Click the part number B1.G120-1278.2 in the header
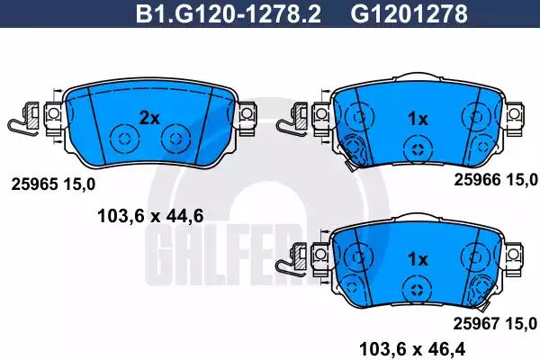[229, 13]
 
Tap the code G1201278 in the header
[409, 13]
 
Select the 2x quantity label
[149, 118]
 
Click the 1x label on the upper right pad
[418, 119]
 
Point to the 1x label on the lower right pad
[418, 259]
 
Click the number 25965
[34, 184]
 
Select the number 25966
[477, 180]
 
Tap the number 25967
[476, 323]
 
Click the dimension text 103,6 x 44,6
[150, 216]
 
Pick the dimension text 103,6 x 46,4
[412, 349]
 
